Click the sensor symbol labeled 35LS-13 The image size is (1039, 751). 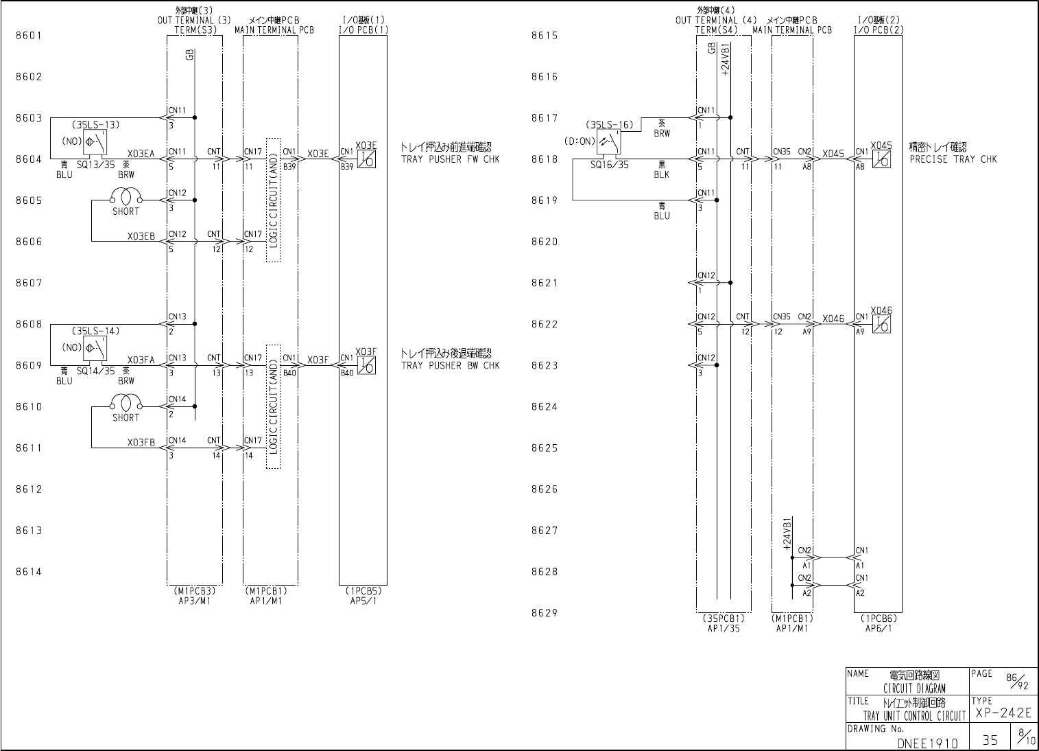[x=95, y=141]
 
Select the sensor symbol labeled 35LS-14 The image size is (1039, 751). [x=95, y=348]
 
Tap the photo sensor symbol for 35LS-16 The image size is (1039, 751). [x=609, y=142]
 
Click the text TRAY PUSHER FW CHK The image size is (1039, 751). [x=450, y=159]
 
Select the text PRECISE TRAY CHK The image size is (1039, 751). [x=953, y=159]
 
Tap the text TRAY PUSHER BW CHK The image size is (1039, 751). [x=450, y=365]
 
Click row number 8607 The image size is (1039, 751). [x=29, y=283]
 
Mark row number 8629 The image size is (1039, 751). [x=545, y=613]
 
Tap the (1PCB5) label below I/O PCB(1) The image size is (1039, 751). [x=363, y=590]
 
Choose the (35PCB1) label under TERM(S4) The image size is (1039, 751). [x=723, y=618]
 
